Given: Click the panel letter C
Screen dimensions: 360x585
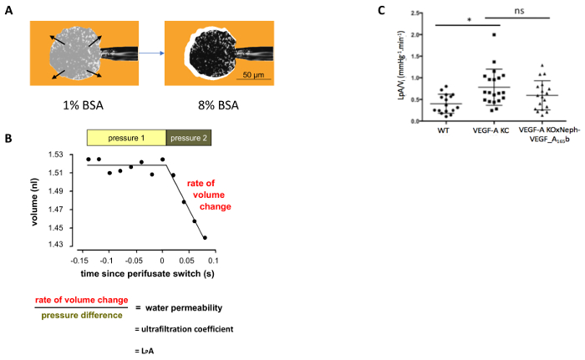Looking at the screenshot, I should (x=381, y=11).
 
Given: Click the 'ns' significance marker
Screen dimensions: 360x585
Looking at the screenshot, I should (x=519, y=15).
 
